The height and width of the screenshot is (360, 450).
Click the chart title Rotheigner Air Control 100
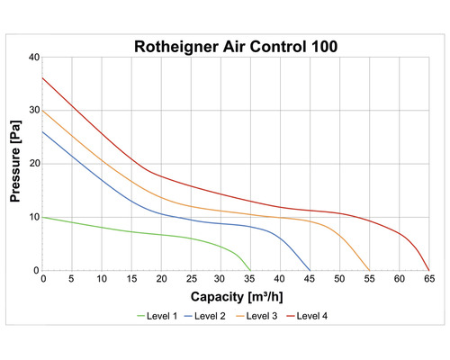[236, 46]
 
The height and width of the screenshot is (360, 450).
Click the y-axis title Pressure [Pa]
[16, 164]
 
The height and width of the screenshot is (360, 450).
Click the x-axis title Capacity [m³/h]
[236, 295]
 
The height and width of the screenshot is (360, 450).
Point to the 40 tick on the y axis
[33, 57]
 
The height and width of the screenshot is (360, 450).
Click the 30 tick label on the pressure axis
[33, 110]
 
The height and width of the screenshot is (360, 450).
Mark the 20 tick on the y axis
[33, 164]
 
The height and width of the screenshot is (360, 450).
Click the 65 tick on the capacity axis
[429, 280]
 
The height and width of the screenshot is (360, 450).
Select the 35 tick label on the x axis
[250, 280]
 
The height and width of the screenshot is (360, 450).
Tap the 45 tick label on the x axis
[310, 280]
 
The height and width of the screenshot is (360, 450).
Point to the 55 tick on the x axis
[369, 280]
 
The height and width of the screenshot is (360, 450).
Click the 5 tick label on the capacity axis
[72, 280]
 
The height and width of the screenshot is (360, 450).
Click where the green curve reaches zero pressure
[250, 270]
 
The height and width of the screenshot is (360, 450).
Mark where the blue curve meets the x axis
[310, 270]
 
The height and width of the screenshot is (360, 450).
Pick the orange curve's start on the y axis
[42, 110]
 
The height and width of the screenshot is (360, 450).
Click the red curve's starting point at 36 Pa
[42, 77]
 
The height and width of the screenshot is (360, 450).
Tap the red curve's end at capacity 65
[428, 270]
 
